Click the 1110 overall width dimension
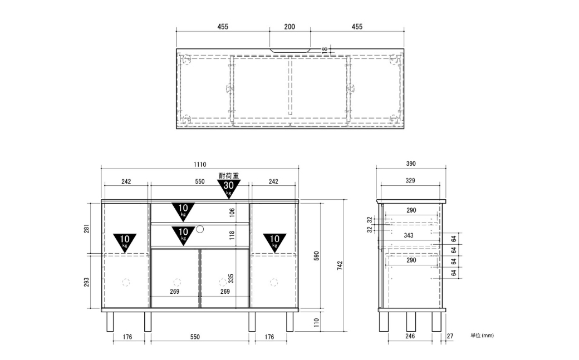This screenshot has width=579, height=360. click(200, 164)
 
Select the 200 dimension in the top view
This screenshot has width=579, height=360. click(289, 27)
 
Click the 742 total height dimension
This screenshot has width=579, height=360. click(340, 265)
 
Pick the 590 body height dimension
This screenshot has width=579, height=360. click(316, 255)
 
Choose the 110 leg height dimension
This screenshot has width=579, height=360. click(316, 323)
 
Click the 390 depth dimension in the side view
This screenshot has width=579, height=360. click(411, 164)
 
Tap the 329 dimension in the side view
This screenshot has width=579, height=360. click(410, 180)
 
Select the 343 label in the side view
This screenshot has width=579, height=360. click(409, 235)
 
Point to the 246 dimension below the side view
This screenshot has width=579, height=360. click(410, 336)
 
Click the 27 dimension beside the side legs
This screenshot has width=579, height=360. click(450, 336)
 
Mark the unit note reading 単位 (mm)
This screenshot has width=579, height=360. click(482, 336)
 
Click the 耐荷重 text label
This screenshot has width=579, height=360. click(229, 176)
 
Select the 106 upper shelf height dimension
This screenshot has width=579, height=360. click(232, 213)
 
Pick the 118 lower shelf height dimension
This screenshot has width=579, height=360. click(232, 235)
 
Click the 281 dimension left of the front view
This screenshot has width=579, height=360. click(86, 229)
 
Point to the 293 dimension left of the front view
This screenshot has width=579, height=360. click(86, 283)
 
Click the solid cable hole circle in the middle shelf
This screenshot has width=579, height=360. click(200, 229)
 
